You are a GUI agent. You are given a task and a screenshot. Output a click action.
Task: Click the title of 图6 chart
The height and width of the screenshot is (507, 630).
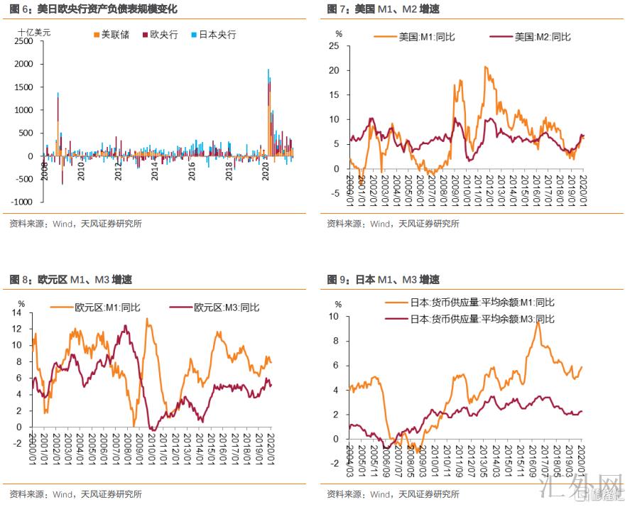(93, 9)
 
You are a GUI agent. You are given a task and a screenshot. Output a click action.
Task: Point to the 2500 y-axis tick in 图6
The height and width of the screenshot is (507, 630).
(23, 42)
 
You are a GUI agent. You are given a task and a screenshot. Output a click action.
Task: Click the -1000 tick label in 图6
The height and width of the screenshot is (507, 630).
(22, 202)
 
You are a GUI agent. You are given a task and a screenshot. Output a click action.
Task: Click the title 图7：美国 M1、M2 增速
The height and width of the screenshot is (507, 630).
(383, 9)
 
